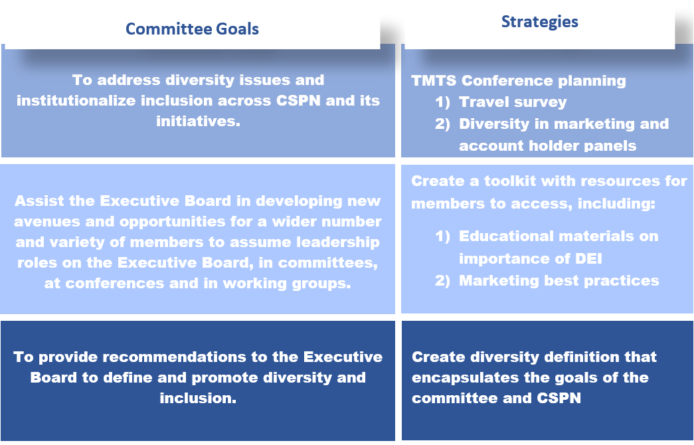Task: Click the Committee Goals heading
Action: (192, 29)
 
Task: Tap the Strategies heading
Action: (539, 22)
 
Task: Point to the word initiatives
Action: (198, 121)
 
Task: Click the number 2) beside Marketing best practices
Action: (442, 281)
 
